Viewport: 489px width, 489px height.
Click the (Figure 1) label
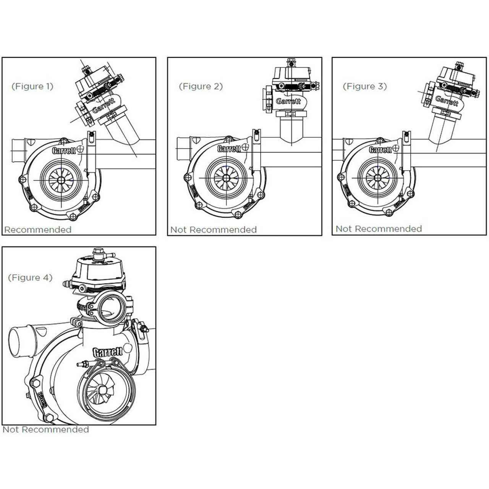pos(32,86)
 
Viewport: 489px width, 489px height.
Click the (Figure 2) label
pos(201,86)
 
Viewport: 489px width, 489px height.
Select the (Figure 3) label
pos(365,86)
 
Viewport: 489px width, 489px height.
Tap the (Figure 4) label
pos(30,277)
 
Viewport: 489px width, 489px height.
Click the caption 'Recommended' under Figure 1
pos(38,230)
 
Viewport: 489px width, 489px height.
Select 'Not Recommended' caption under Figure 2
pos(214,230)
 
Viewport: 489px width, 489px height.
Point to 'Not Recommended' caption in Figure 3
pos(379,229)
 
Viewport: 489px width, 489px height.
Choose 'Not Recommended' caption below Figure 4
pos(46,429)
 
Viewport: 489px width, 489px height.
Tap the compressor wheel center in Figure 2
pos(226,178)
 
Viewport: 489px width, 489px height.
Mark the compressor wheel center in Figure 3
pos(377,178)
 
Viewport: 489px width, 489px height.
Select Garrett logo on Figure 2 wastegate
pos(288,101)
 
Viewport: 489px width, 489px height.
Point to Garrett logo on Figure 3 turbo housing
pos(380,150)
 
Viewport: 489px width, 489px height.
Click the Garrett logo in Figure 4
pos(108,352)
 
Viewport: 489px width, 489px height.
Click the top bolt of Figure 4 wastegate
pos(99,252)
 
